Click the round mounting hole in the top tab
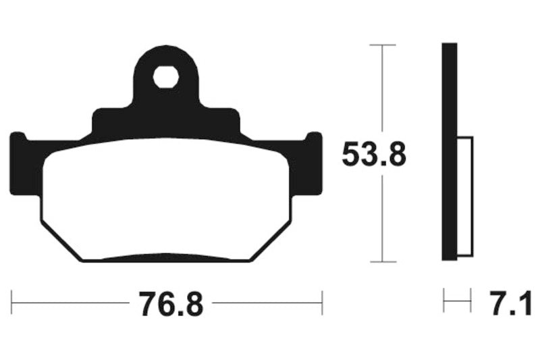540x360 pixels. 165,77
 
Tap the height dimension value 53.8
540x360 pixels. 373,155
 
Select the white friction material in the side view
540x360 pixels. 465,196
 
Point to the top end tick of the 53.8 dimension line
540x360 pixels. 383,45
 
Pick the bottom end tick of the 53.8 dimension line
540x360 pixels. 383,261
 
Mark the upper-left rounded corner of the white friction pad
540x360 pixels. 51,159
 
